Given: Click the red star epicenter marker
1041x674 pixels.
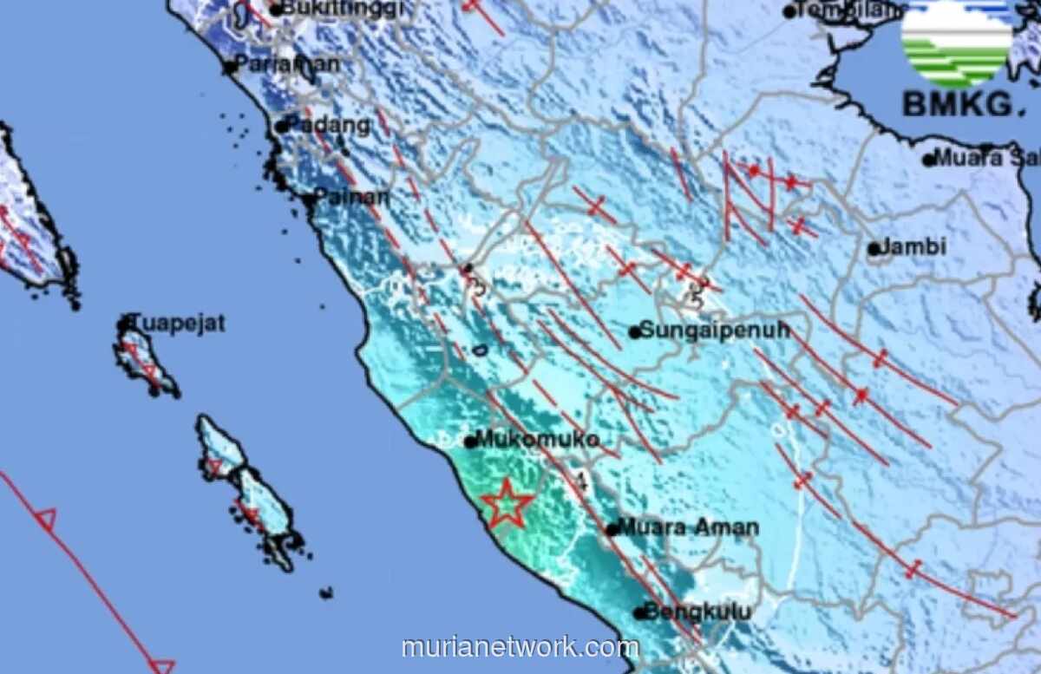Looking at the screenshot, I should tap(507, 504).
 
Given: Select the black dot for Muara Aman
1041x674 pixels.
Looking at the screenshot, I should tap(612, 528).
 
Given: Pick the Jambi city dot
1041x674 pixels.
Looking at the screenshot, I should tap(874, 249).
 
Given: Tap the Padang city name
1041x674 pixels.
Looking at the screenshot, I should tap(334, 125).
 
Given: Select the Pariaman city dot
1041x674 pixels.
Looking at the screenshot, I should tap(231, 67).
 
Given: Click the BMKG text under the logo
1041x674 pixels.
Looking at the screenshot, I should tap(957, 105).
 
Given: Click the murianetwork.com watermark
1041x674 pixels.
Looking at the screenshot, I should tap(520, 647).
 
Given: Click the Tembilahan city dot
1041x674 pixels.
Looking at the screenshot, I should tap(789, 12).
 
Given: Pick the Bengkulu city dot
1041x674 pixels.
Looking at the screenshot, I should tap(640, 613).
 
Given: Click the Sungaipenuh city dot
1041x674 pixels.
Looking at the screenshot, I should tap(635, 331).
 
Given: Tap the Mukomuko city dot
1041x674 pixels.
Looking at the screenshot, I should tap(470, 442).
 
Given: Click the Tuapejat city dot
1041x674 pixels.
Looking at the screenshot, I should tap(123, 325).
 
